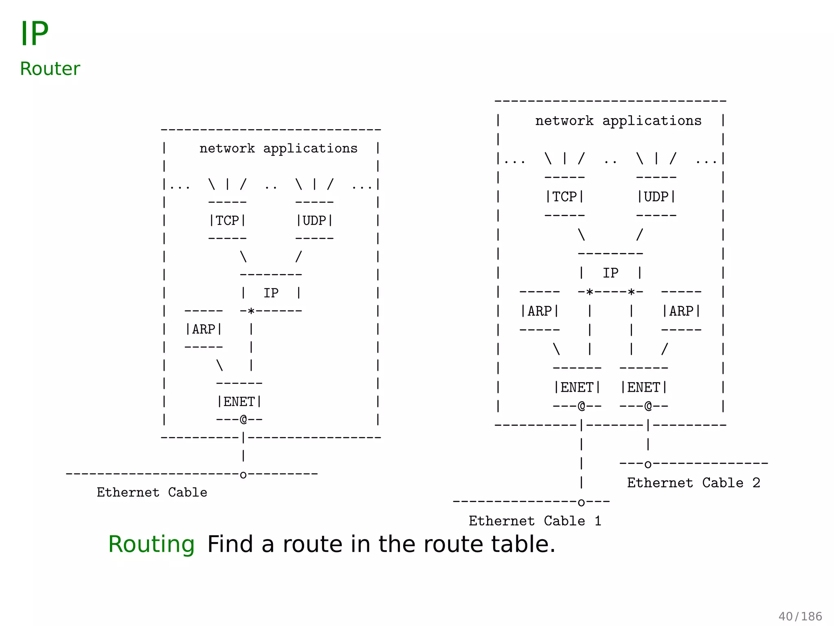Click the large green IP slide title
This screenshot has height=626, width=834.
tap(34, 33)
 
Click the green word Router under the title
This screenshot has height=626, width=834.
tap(50, 68)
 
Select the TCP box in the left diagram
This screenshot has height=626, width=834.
tap(227, 220)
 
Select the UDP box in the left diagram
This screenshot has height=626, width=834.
tap(314, 220)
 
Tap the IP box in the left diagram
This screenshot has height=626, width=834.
tap(271, 293)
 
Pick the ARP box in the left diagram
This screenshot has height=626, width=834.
tap(204, 329)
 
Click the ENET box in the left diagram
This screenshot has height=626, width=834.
tap(239, 401)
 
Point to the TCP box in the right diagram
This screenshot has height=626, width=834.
tap(564, 196)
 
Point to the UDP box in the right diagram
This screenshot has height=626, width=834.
tap(656, 196)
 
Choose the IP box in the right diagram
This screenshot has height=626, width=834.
tap(610, 273)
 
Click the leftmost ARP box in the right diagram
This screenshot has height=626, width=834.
tap(540, 311)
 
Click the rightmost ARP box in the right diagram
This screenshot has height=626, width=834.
tap(681, 311)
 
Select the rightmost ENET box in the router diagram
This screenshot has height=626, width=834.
tap(643, 387)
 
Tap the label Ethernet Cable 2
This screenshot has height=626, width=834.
tap(694, 483)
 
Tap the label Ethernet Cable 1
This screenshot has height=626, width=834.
tap(535, 521)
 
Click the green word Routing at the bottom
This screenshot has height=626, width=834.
tap(151, 544)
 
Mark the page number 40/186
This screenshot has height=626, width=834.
tap(800, 616)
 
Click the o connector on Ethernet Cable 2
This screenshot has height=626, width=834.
tap(648, 464)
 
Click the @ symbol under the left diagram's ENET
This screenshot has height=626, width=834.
tap(244, 419)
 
